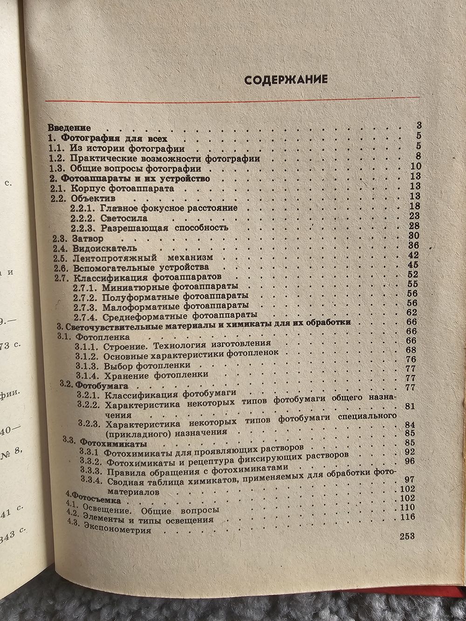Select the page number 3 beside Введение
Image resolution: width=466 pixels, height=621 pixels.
tap(418, 125)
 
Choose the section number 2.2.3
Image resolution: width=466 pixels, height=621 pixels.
tap(82, 227)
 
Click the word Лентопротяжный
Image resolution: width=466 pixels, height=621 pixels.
tap(109, 258)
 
